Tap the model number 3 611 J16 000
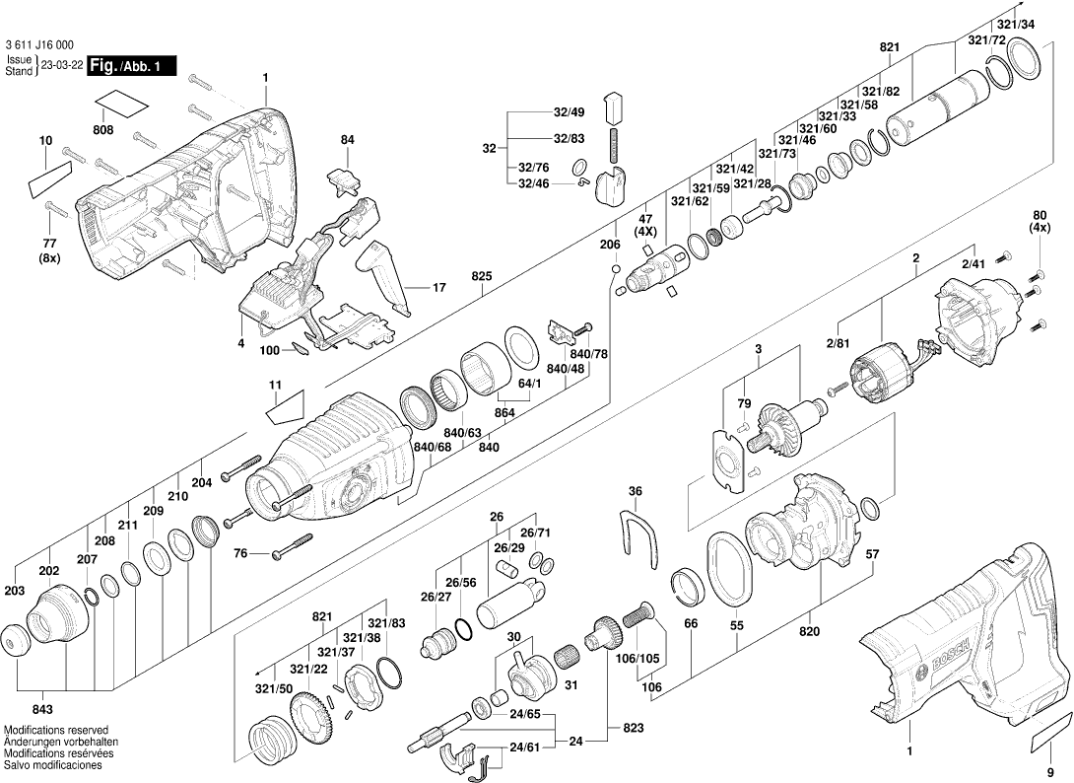coord(39,45)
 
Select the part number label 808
coord(102,130)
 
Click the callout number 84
coord(347,140)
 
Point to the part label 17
coord(439,288)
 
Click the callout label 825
coord(480,277)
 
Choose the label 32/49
coord(569,111)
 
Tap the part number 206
coord(610,244)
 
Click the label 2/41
coord(973,263)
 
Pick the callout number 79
coord(745,402)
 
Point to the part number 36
coord(636,491)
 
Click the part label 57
coord(872,554)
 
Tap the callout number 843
coord(42,709)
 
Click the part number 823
coord(634,728)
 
